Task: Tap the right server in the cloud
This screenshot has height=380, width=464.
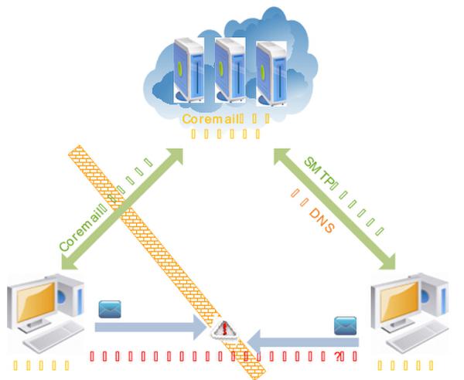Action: [x=272, y=73]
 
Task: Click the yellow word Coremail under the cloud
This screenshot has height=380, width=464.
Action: [x=207, y=119]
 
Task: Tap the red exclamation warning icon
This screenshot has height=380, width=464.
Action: [x=225, y=329]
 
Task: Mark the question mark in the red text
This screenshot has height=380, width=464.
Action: [x=338, y=357]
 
